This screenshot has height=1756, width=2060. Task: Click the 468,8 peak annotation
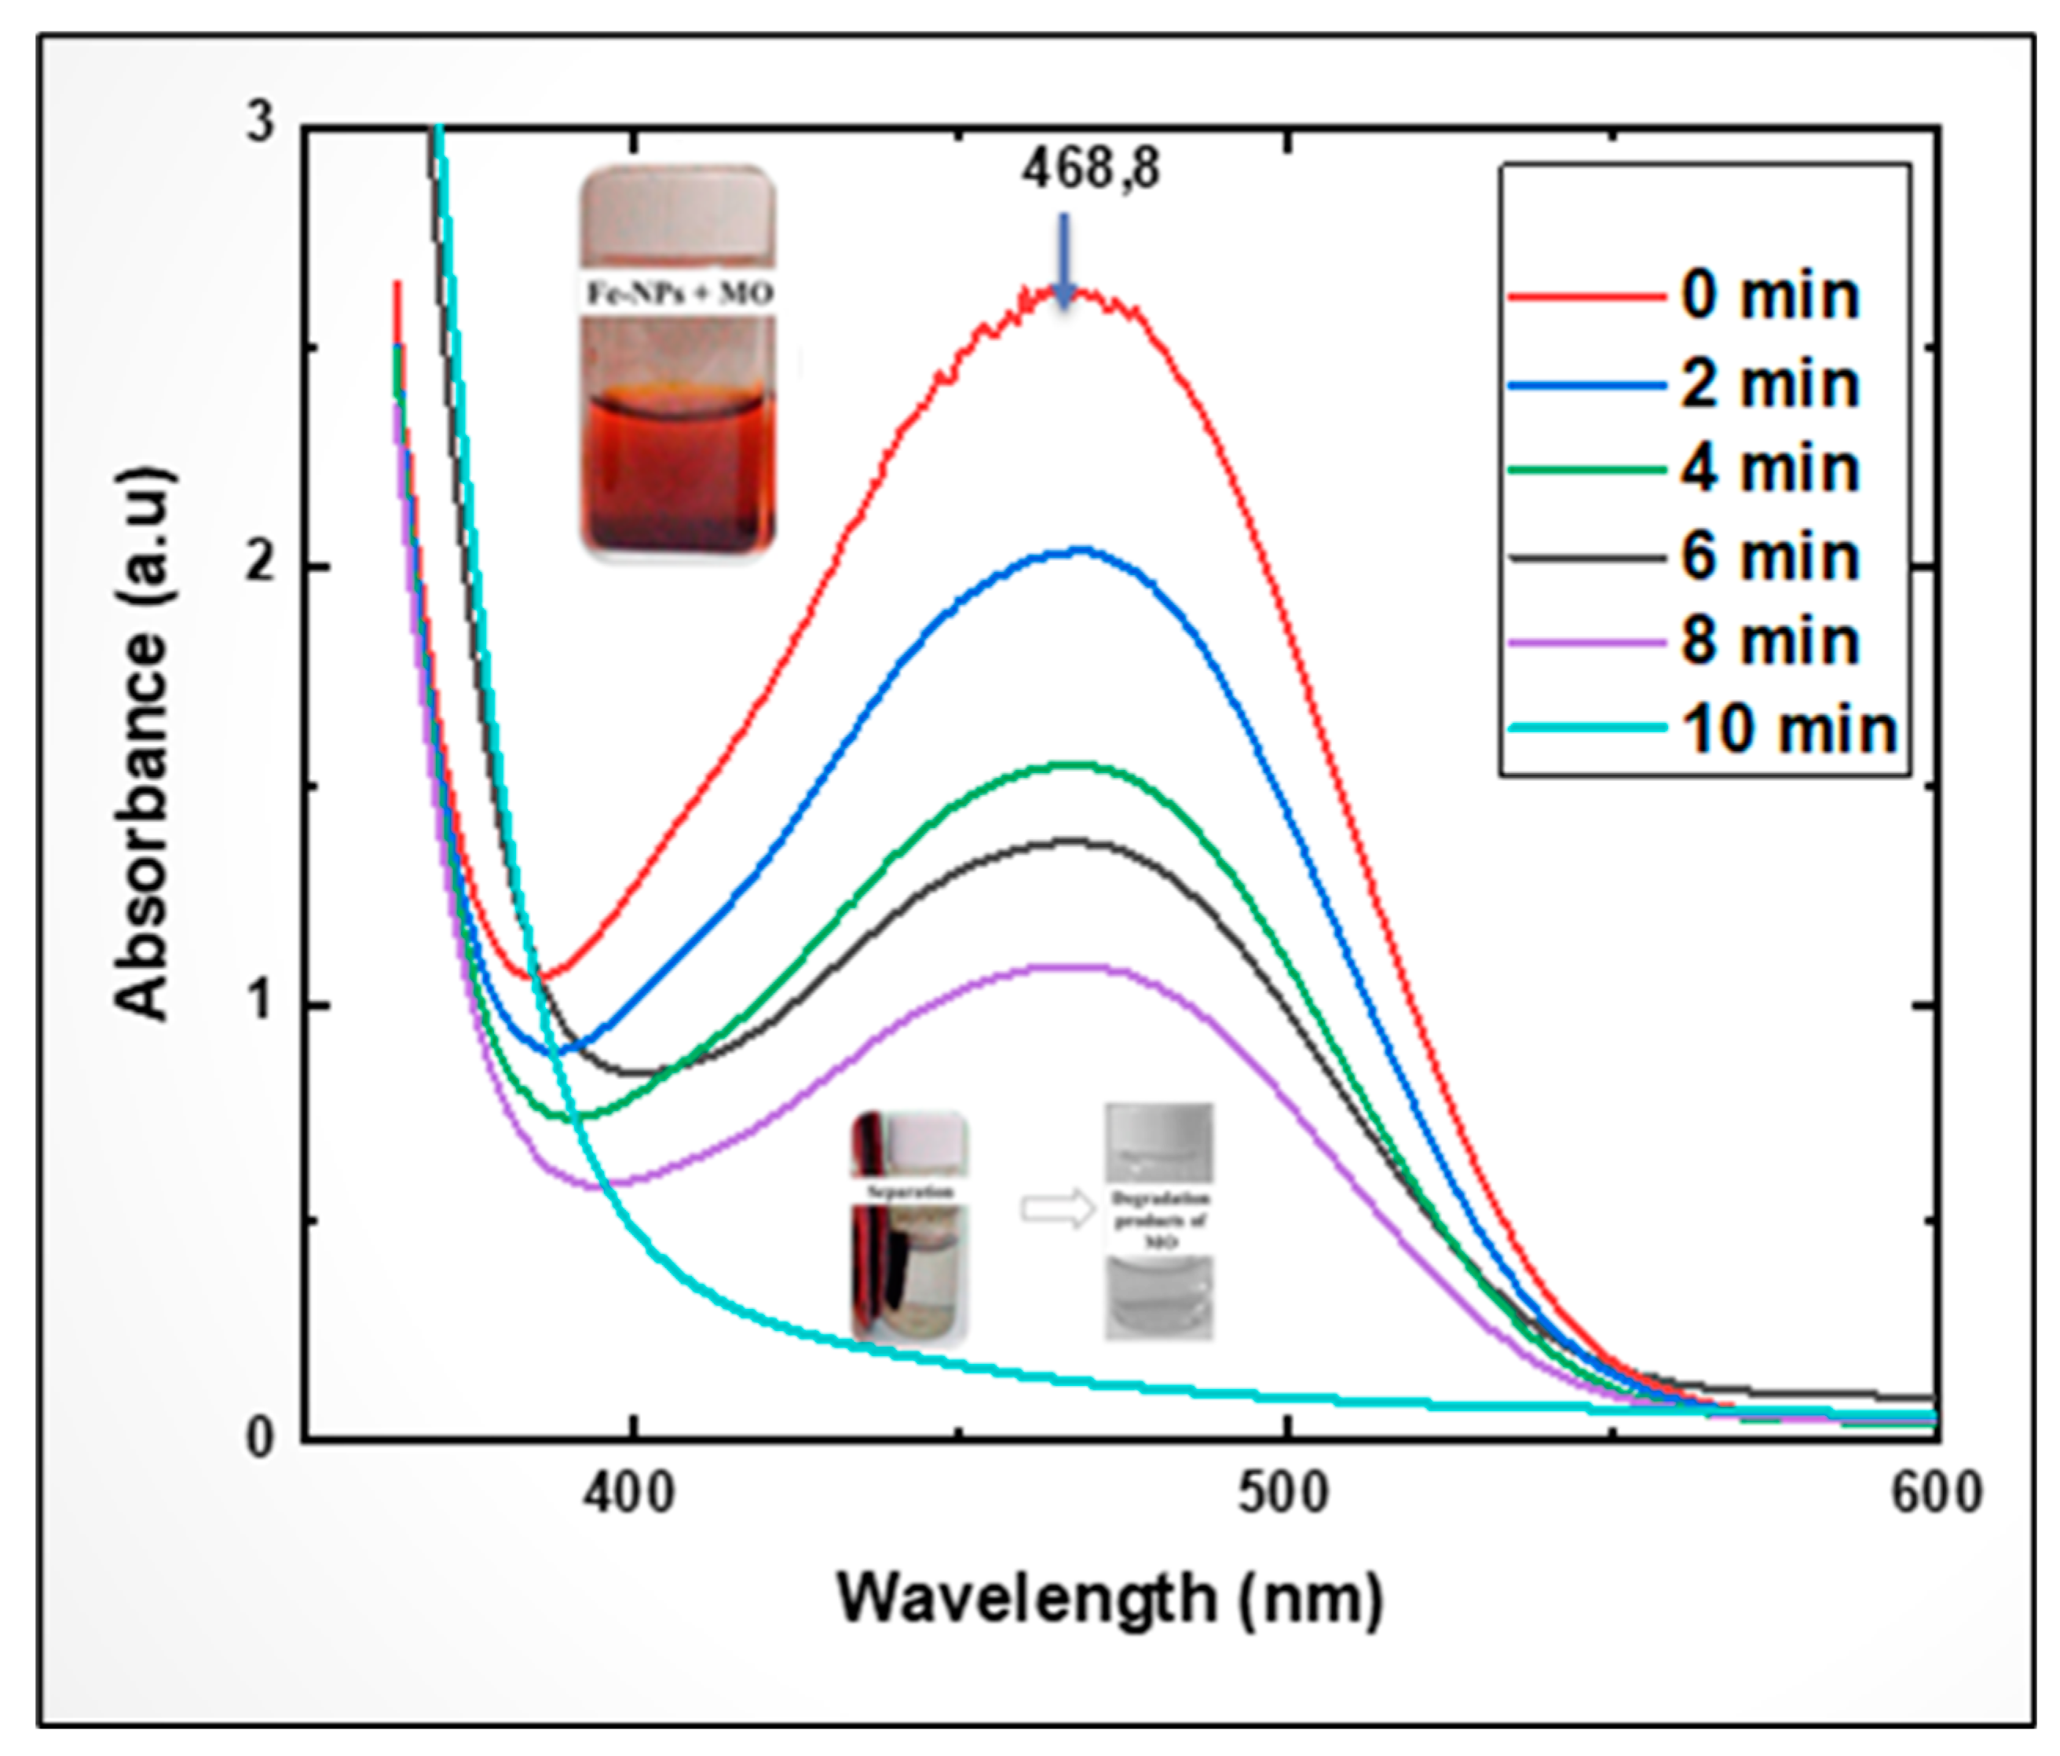click(1091, 169)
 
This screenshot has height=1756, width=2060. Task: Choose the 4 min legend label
click(1769, 469)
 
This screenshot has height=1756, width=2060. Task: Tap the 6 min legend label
click(1769, 557)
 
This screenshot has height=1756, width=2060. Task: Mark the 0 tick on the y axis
click(261, 1438)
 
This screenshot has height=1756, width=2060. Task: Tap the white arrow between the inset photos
click(1058, 1209)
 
